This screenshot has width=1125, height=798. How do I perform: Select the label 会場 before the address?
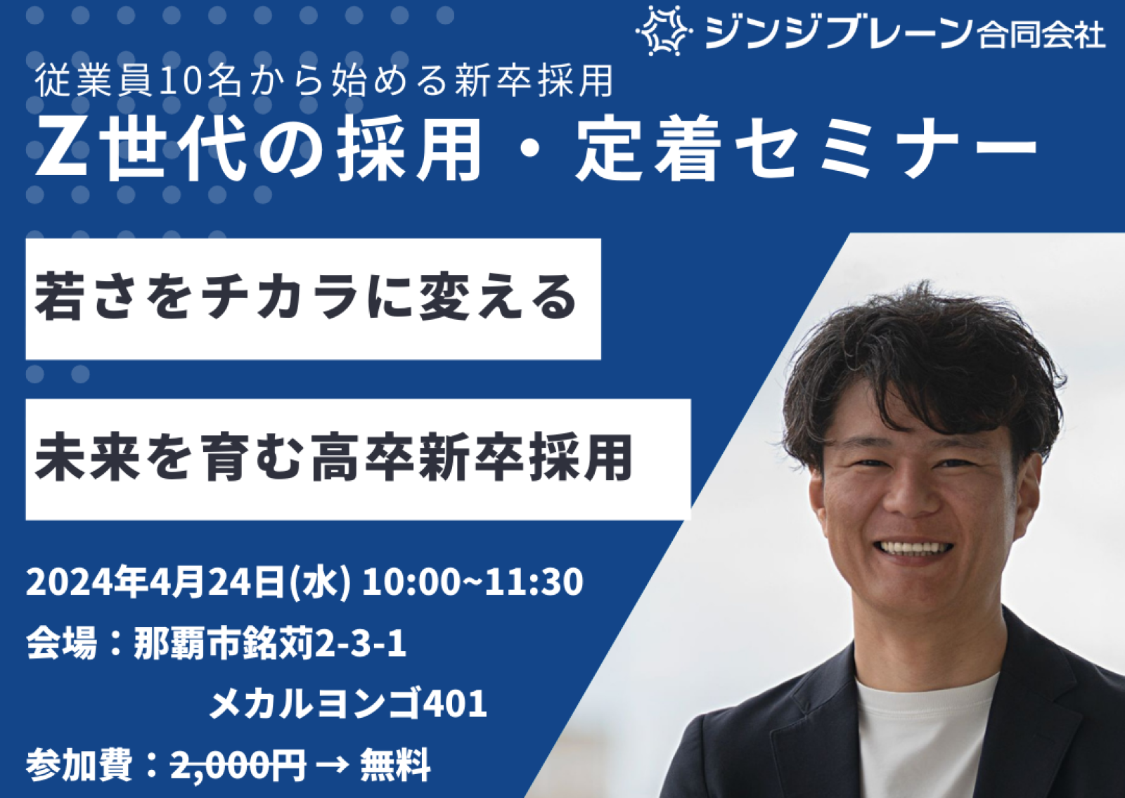coord(61,645)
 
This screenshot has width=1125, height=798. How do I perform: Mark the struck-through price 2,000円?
coord(238,766)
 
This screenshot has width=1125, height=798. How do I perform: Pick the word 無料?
coord(394,766)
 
